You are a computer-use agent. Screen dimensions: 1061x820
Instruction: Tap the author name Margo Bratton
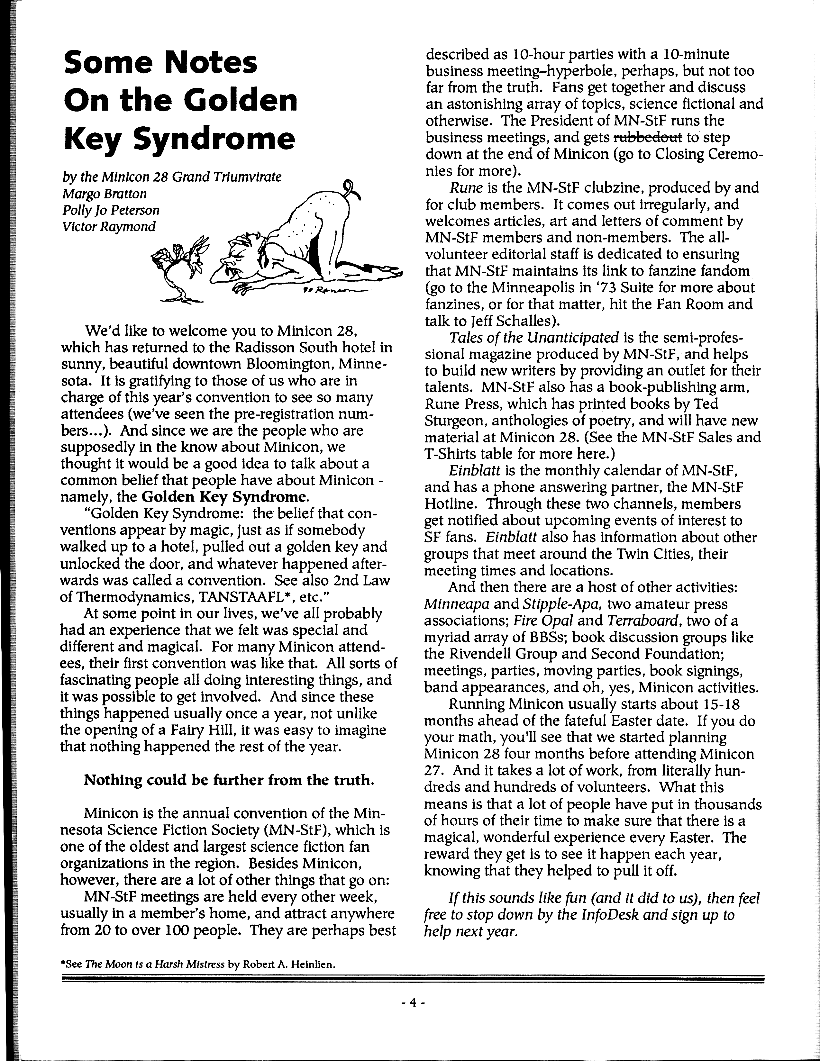(105, 194)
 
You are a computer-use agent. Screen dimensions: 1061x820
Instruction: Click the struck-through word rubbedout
(648, 138)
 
